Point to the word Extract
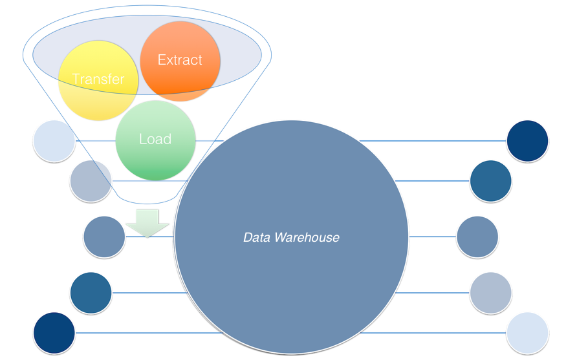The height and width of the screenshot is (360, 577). (180, 60)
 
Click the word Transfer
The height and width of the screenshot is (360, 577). (98, 79)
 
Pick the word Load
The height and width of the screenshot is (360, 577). (155, 139)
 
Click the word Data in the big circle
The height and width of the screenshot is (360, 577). (256, 238)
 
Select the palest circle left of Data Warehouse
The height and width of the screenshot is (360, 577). (54, 140)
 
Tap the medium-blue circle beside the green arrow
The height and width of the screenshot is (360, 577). (104, 237)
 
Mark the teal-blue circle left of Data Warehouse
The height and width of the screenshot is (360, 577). (91, 293)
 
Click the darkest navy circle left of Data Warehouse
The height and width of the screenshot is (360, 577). (54, 333)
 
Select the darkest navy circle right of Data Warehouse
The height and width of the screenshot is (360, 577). (527, 140)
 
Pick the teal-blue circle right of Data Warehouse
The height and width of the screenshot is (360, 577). (490, 181)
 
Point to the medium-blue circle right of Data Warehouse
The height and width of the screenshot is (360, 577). (477, 237)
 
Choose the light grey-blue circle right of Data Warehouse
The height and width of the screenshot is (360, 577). (490, 293)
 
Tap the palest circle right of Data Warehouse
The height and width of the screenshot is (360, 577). (527, 333)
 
